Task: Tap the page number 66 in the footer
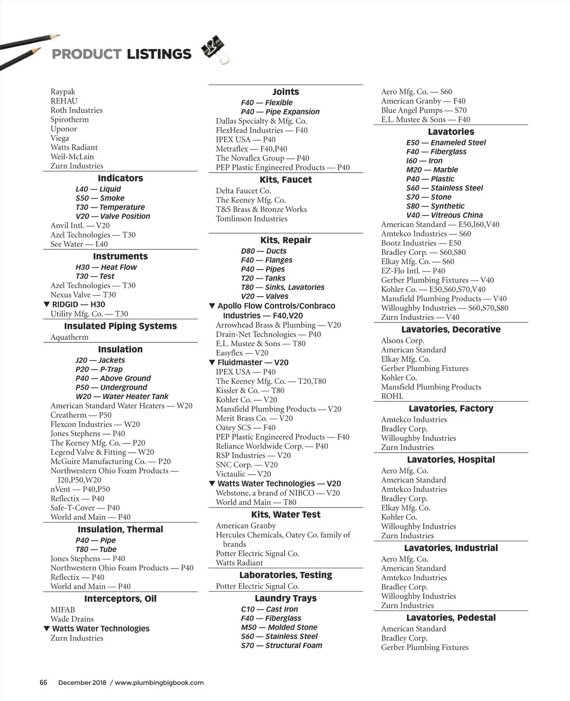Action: (x=43, y=682)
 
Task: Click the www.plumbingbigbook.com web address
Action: (x=159, y=682)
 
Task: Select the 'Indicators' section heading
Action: (x=120, y=178)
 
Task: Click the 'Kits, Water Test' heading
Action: (x=285, y=515)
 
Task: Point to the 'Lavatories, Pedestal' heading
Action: (x=451, y=618)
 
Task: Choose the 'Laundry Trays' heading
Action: (x=285, y=598)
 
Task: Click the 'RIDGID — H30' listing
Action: (x=78, y=304)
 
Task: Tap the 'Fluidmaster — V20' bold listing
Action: (x=253, y=362)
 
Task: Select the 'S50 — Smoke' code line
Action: (x=100, y=198)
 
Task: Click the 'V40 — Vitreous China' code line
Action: (x=444, y=215)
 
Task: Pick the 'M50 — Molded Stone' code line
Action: (x=279, y=627)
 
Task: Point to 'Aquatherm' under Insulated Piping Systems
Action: (x=69, y=337)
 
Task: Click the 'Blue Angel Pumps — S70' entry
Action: (x=424, y=110)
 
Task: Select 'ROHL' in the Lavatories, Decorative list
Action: (x=392, y=396)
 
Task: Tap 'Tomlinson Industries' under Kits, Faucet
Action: (x=251, y=219)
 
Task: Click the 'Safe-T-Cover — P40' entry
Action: (x=85, y=508)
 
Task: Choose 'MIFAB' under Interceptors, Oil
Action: (x=63, y=610)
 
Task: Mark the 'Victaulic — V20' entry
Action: (x=243, y=474)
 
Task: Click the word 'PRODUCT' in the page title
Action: (x=86, y=54)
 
